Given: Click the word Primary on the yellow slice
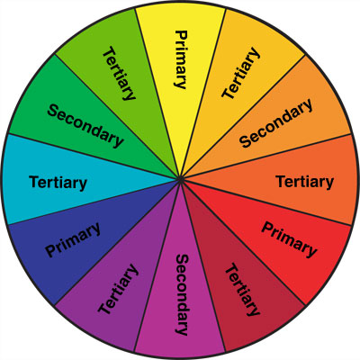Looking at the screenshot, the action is tap(181, 59).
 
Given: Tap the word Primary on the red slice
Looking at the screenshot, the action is tap(289, 239).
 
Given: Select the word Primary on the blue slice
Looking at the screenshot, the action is tap(73, 239).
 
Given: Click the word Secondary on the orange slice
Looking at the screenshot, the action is tap(276, 123).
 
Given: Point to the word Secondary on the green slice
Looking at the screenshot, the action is tap(85, 125).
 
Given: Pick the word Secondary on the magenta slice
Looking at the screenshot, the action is tap(182, 295).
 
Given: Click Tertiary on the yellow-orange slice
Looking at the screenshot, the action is tap(240, 73).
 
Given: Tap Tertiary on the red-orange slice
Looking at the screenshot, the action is tap(305, 182).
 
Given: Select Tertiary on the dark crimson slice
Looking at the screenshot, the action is tap(242, 290).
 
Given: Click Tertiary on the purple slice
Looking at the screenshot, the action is tap(119, 289).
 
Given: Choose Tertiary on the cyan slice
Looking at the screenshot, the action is tap(58, 183).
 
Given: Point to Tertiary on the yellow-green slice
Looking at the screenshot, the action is tap(119, 73).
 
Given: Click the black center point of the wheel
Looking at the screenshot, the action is tap(180, 180).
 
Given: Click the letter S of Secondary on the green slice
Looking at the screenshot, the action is tap(53, 110).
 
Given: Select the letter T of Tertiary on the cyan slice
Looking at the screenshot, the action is tap(34, 182).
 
